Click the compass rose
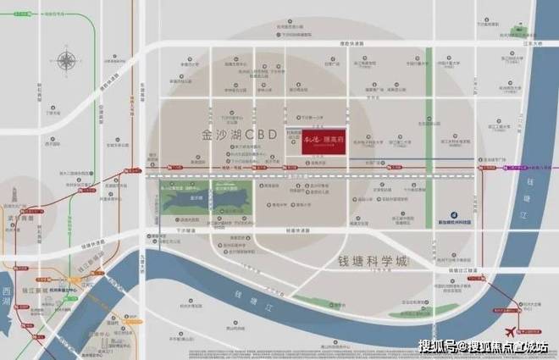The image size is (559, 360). tap(65, 62)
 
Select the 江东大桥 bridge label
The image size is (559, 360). tap(532, 42)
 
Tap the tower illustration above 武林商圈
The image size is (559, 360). tap(18, 205)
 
